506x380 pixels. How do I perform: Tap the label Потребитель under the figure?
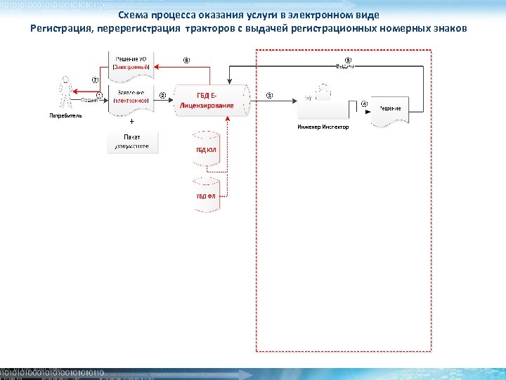pos(65,115)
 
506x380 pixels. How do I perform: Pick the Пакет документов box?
pos(131,141)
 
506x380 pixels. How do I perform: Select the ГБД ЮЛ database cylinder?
pos(206,149)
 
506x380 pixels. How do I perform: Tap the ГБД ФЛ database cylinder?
pos(206,194)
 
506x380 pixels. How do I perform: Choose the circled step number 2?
pos(163,95)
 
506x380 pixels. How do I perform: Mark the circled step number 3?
pos(270,95)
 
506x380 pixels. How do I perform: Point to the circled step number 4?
pos(364,104)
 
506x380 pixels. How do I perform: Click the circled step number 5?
pos(347,60)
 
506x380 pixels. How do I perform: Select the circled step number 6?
pos(186,60)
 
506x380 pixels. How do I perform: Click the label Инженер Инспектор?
pos(323,127)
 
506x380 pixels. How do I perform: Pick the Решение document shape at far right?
pos(390,110)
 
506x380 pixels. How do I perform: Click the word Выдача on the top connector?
pos(345,66)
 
